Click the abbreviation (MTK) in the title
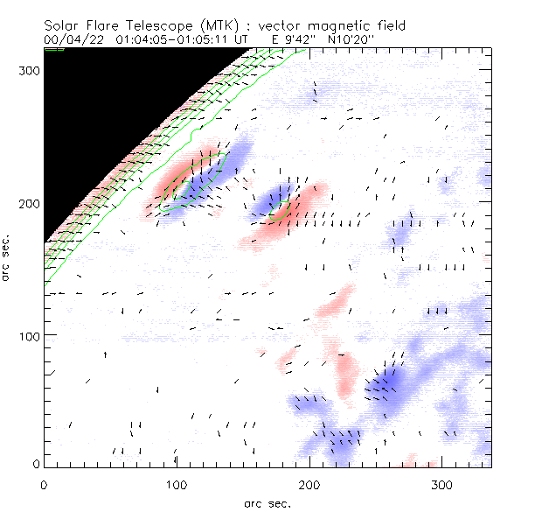tap(198, 25)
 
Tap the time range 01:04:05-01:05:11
tap(171, 39)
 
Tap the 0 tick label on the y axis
tap(36, 463)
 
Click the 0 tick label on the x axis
tap(44, 484)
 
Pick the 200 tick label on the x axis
tap(309, 484)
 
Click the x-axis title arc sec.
tap(268, 502)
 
